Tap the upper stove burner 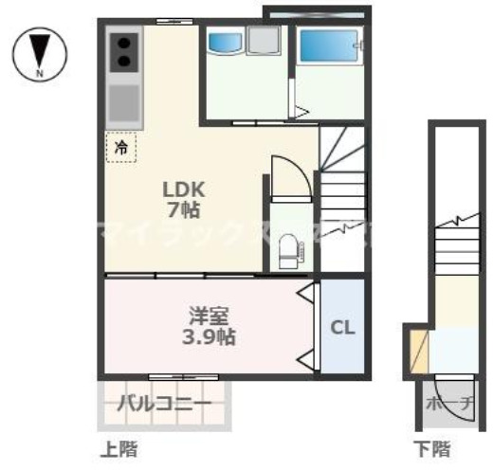[124, 42]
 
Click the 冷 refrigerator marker [121, 147]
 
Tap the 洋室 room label [209, 315]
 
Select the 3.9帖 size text [209, 336]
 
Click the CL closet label [342, 328]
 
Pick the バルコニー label [164, 405]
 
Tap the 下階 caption [432, 446]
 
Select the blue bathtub [329, 45]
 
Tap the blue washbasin [226, 42]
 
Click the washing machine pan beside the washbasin [264, 42]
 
